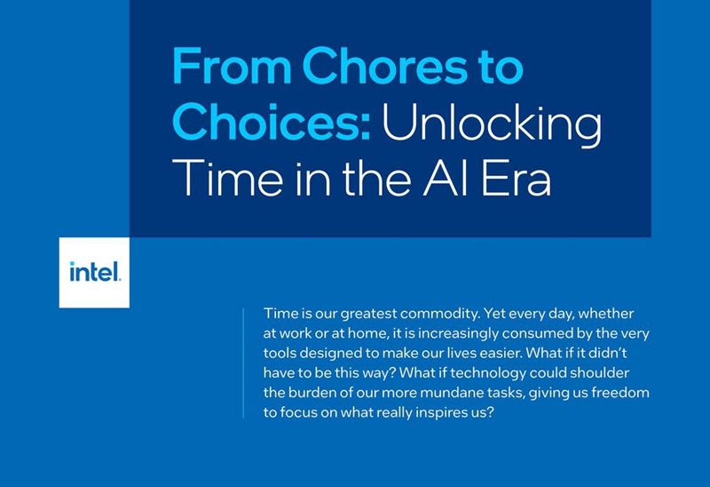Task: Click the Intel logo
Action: pyautogui.click(x=94, y=272)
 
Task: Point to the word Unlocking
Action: pyautogui.click(x=493, y=125)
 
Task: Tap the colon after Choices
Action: pyautogui.click(x=366, y=126)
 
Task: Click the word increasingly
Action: pyautogui.click(x=458, y=334)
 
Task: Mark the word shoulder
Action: pyautogui.click(x=600, y=373)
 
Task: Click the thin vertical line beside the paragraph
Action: pyautogui.click(x=243, y=363)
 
